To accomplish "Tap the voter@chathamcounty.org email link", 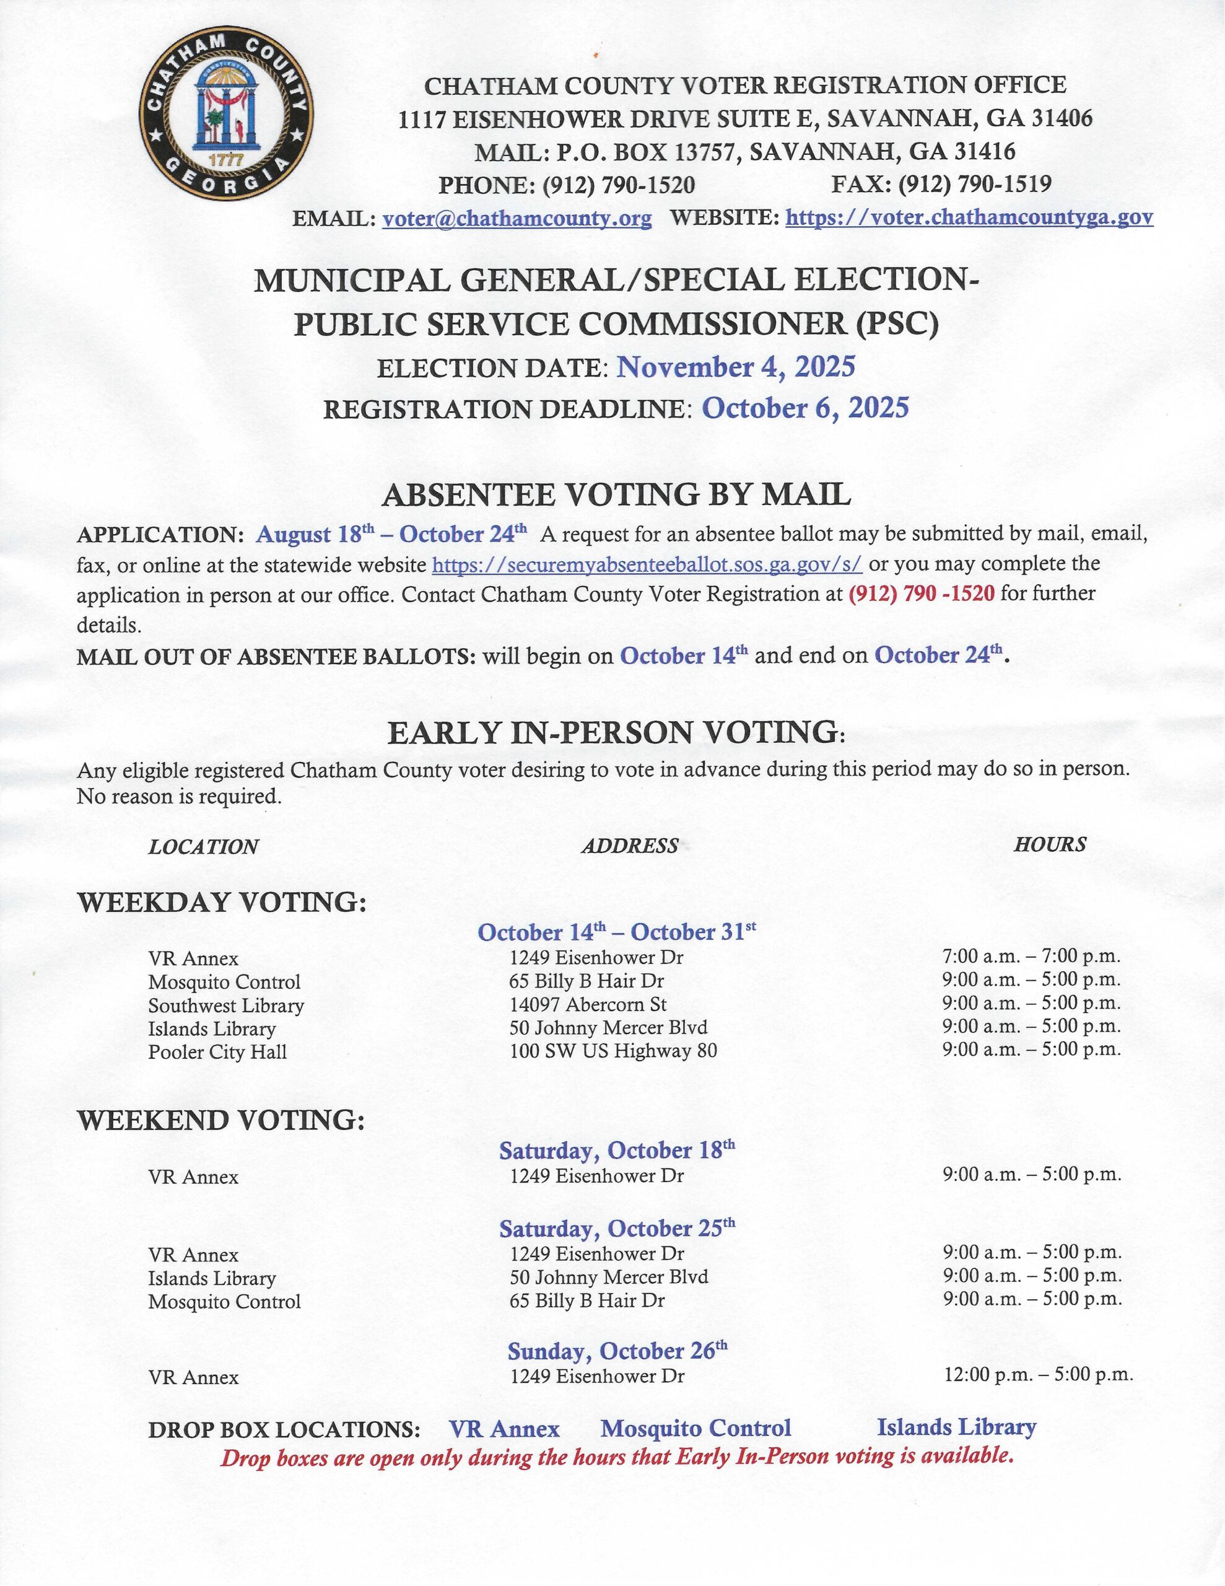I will point(517,218).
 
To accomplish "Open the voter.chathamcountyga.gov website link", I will point(969,217).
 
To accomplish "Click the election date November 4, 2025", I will point(736,367).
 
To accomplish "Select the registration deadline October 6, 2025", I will point(804,408).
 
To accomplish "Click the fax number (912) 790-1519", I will point(974,185).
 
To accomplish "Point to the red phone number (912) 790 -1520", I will point(921,594).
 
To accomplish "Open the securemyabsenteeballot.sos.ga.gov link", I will point(647,564).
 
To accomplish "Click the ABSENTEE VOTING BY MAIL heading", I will point(616,495).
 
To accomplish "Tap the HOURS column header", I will point(1049,844).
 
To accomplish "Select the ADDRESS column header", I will point(630,845).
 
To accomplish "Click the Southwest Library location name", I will point(226,1005).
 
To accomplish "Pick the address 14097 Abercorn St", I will point(588,1004).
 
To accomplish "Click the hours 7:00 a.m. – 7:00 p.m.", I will point(1031,957).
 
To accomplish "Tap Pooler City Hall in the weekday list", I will point(217,1052).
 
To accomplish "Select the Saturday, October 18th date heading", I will point(616,1150).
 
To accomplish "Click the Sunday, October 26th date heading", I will point(616,1351).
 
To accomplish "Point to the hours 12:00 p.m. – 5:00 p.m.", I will point(1037,1375).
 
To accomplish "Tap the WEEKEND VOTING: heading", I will point(220,1121).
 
